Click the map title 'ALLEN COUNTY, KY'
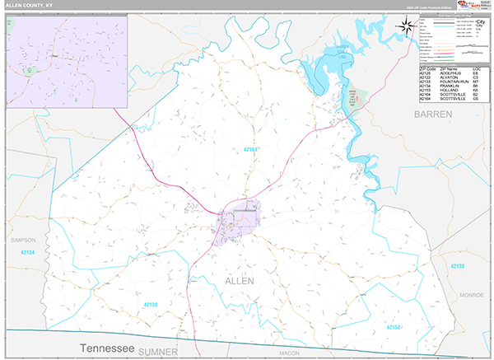pos(29,6)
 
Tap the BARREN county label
pos(433,114)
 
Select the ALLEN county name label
pos(240,282)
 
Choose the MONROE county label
pos(472,294)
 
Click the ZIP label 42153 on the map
pos(393,327)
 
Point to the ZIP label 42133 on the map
pos(458,266)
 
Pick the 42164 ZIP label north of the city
pos(254,149)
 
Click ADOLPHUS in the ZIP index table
pos(450,72)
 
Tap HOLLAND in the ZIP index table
pos(448,91)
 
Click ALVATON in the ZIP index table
pos(448,77)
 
